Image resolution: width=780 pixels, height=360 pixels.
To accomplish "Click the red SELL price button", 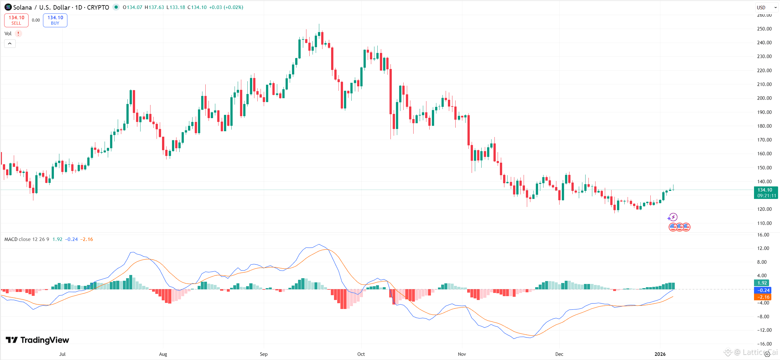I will [16, 20].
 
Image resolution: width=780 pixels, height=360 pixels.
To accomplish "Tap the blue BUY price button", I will [55, 20].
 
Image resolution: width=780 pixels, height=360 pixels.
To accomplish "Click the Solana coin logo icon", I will [8, 7].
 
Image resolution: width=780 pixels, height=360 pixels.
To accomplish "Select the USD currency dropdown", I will [766, 7].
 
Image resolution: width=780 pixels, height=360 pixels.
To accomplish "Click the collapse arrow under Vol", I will [10, 44].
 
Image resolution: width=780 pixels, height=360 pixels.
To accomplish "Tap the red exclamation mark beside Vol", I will [18, 33].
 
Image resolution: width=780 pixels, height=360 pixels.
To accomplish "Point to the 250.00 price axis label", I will [764, 29].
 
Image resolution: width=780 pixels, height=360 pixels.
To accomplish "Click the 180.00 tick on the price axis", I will [764, 126].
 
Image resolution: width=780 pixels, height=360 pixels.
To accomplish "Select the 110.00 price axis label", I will [764, 223].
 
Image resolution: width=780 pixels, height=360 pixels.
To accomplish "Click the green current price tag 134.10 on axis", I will [766, 193].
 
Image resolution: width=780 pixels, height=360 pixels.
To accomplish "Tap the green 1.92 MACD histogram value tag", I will [762, 283].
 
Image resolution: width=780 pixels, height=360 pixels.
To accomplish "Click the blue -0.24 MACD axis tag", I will [762, 290].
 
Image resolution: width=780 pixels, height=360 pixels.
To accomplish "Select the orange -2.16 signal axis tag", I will [762, 297].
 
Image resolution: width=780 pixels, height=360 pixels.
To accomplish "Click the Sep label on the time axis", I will [264, 354].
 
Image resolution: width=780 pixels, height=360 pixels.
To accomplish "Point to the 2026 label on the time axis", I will [660, 354].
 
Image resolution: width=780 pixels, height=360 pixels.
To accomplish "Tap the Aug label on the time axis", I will [163, 354].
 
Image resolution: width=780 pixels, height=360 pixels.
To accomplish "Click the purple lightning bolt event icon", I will [673, 217].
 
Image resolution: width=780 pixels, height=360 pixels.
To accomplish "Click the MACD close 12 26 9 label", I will [27, 239].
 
